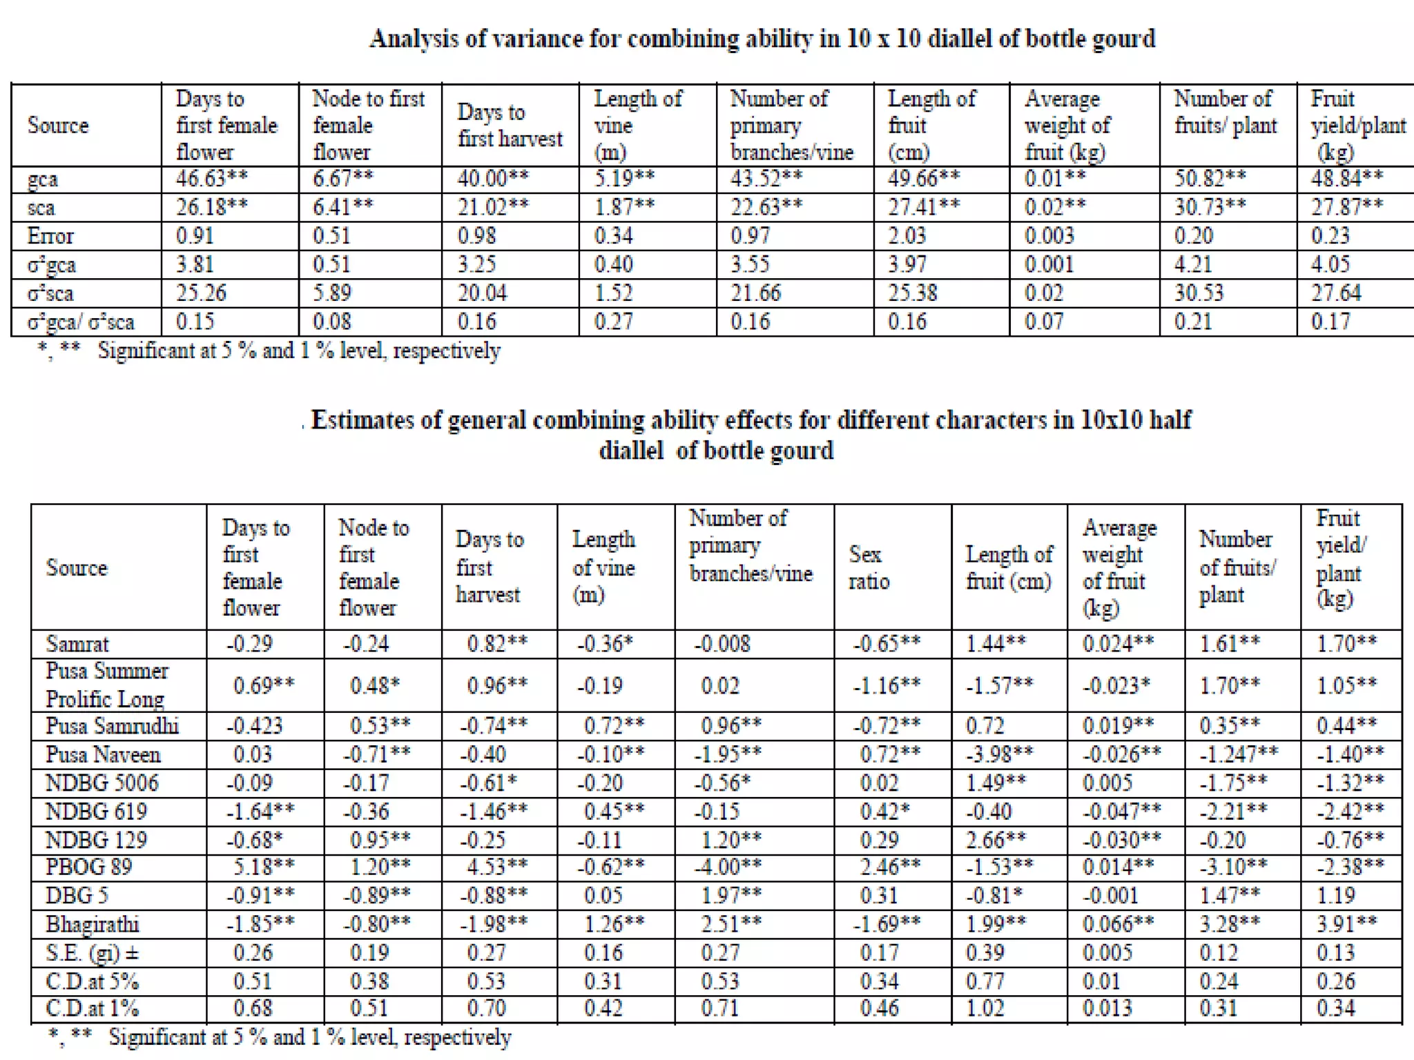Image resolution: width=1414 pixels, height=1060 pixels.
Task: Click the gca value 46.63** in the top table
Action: [211, 179]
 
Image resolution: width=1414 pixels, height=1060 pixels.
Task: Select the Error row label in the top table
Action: [50, 236]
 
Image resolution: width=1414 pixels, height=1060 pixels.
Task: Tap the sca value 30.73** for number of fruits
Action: [1210, 207]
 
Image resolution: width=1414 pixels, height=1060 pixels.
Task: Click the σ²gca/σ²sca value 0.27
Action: [613, 322]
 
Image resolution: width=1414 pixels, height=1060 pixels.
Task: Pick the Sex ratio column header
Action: [868, 567]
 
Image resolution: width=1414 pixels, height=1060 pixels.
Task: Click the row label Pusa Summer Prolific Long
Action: [106, 685]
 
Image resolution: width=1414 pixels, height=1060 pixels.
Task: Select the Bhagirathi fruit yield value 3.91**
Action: [1346, 923]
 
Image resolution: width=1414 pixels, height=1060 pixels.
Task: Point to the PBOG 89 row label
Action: [88, 867]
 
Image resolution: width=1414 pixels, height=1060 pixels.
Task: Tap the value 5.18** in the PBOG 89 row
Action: [264, 867]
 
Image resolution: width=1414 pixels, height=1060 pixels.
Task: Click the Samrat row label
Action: [77, 644]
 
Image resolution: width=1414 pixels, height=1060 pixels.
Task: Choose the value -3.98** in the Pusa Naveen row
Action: [999, 754]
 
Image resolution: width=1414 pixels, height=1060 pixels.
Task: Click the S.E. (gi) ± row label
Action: [92, 953]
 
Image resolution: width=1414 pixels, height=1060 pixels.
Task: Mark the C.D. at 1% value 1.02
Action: [985, 1008]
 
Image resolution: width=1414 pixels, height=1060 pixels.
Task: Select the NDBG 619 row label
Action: [96, 811]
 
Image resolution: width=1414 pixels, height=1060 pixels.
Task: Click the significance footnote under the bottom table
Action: [280, 1037]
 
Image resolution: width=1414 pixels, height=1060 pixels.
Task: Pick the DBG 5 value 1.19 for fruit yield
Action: [1335, 895]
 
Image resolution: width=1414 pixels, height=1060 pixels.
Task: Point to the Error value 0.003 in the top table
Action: [1049, 236]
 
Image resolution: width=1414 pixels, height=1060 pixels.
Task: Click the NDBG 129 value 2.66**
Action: [995, 840]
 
